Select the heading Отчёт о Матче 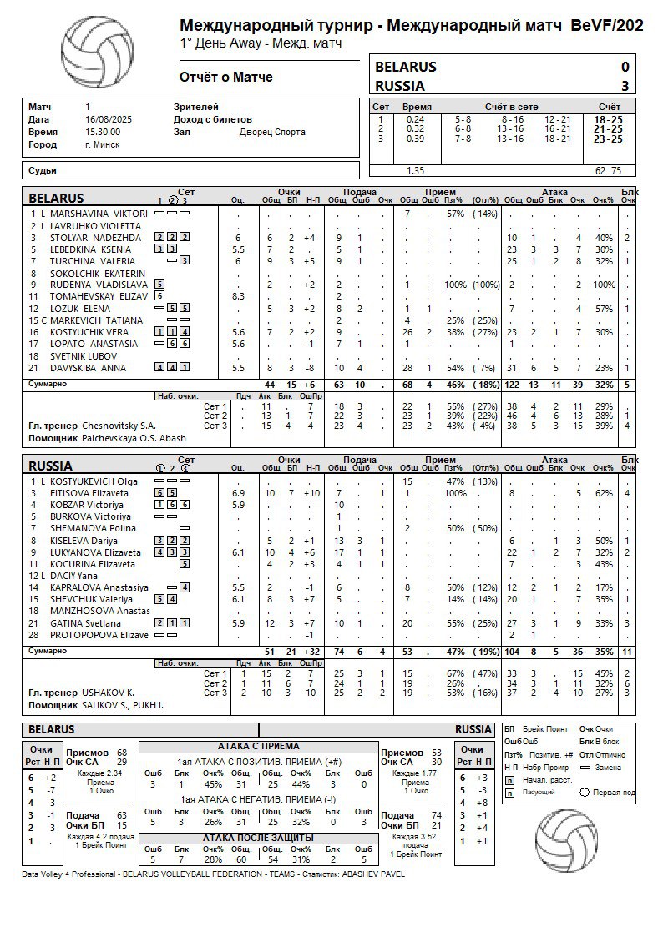[x=226, y=78]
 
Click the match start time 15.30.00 [x=103, y=132]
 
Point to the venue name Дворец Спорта [x=272, y=132]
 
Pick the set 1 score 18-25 [x=608, y=119]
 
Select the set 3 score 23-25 [x=608, y=139]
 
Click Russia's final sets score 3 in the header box [x=625, y=86]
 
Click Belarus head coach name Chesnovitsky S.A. [x=119, y=426]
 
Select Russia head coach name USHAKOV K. [x=108, y=693]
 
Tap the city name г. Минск [x=102, y=144]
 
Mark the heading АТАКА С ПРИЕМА [x=258, y=746]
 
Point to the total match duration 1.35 [x=414, y=171]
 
